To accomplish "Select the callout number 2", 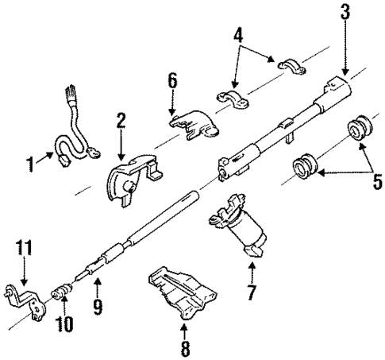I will pyautogui.click(x=120, y=122).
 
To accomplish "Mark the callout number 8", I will pyautogui.click(x=185, y=346).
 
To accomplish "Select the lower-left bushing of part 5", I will pyautogui.click(x=305, y=169).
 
